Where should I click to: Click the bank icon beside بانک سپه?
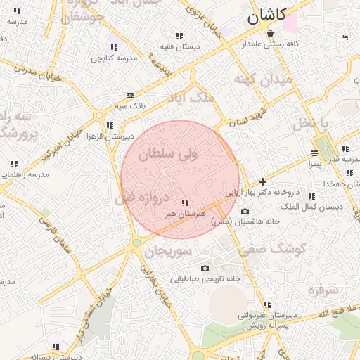[x=130, y=95]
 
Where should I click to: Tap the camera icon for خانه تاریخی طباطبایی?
[x=205, y=268]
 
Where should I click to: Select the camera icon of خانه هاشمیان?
[x=245, y=211]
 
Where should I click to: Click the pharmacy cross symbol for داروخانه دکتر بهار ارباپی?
[x=263, y=181]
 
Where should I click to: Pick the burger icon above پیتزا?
[x=314, y=153]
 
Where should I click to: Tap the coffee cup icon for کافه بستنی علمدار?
[x=343, y=37]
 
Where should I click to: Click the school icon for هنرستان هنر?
[x=185, y=202]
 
